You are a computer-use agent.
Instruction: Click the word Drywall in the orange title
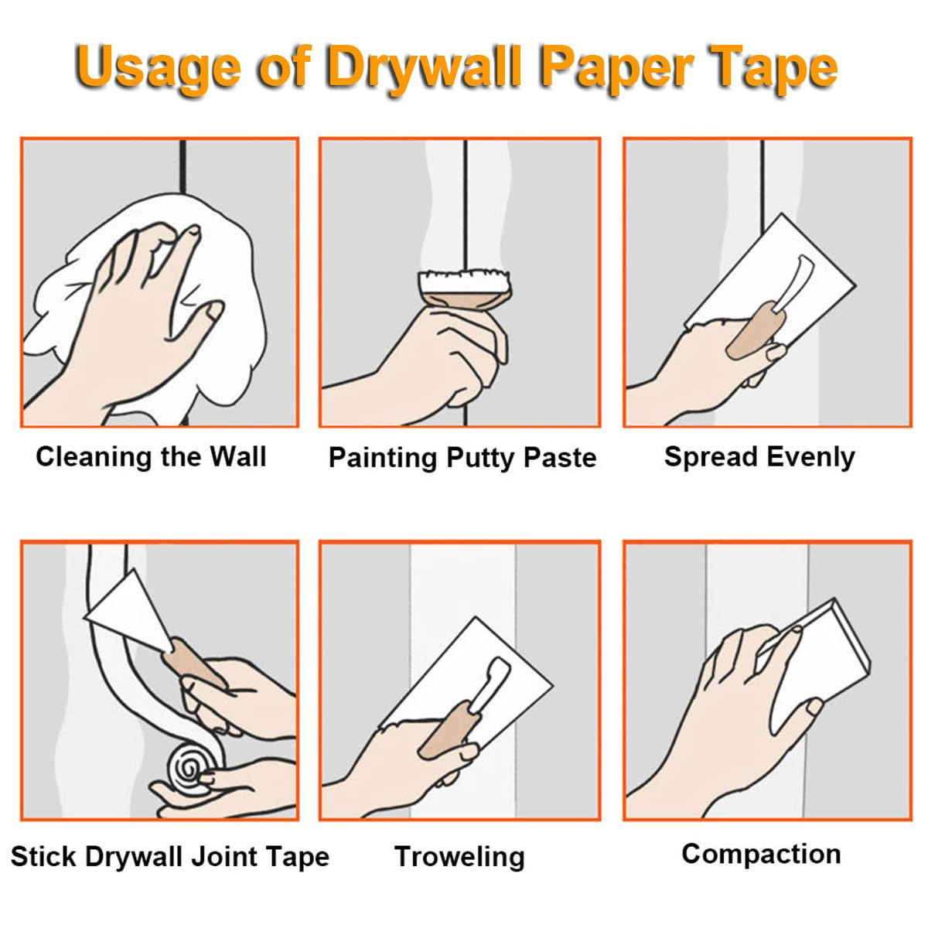pos(425,68)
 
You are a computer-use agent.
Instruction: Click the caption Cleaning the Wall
pos(152,457)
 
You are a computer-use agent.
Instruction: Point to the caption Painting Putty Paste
pos(462,458)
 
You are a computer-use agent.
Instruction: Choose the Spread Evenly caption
pos(759,457)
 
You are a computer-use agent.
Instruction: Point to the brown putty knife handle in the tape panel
pos(193,662)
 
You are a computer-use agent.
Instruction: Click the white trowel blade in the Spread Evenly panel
pos(776,270)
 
